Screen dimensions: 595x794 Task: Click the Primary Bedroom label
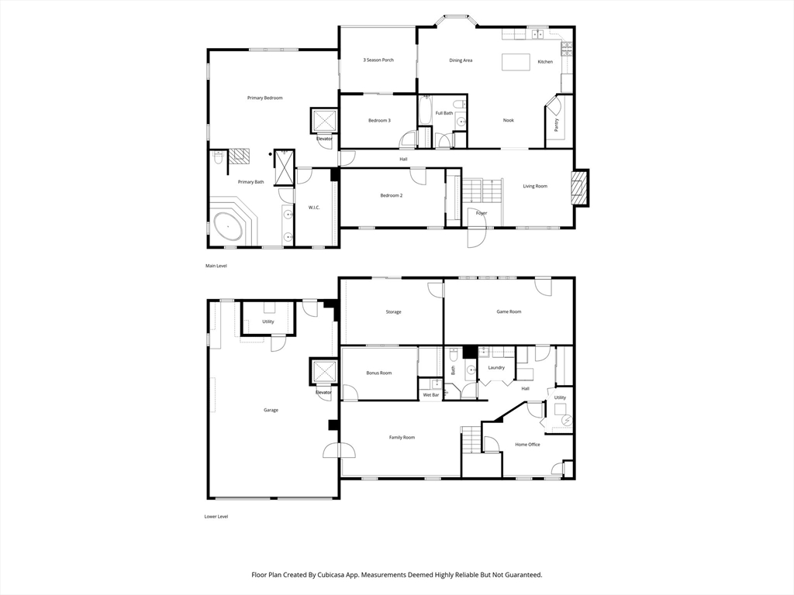tap(264, 98)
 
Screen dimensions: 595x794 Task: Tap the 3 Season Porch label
tap(378, 60)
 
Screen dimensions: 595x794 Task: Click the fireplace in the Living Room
tap(579, 187)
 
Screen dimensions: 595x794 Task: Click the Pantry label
tap(557, 124)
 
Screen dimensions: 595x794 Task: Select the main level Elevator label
tap(324, 139)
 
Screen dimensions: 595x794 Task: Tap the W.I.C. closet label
tap(314, 207)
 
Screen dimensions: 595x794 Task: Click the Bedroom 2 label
tap(391, 195)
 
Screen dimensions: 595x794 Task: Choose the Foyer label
tap(482, 213)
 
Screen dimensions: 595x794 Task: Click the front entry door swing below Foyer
tap(478, 236)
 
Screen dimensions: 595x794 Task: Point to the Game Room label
tap(509, 311)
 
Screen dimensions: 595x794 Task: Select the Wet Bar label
tap(430, 395)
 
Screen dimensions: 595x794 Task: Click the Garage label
tap(271, 410)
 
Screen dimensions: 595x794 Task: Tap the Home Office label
tap(527, 444)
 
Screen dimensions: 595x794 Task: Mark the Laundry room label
tap(496, 367)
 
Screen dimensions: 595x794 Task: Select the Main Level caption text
tap(216, 266)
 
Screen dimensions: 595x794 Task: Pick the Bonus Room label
tap(379, 373)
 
